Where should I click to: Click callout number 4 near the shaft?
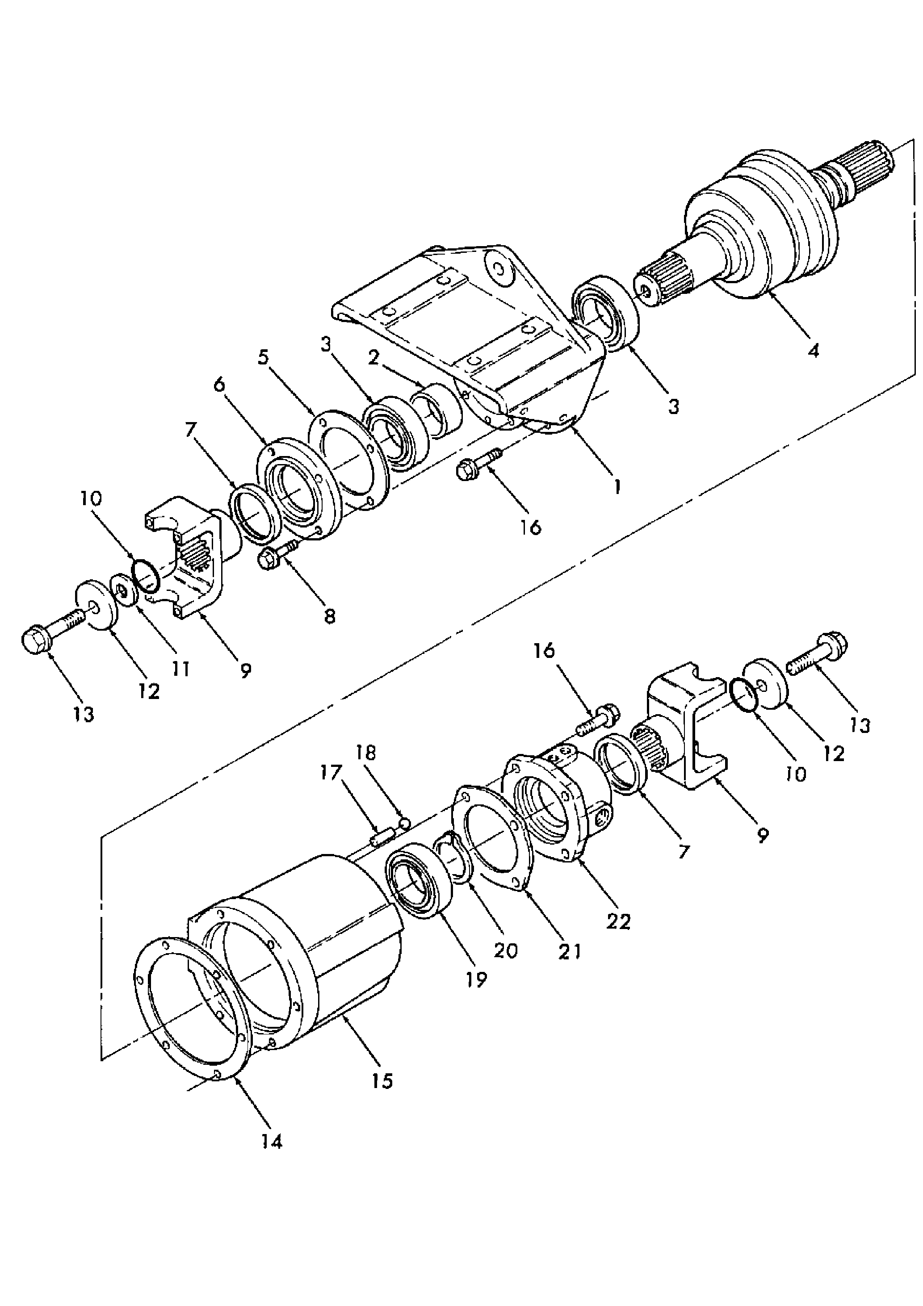pyautogui.click(x=813, y=350)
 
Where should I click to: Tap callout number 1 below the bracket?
pyautogui.click(x=616, y=486)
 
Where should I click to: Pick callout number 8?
pyautogui.click(x=329, y=616)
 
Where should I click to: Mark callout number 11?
pyautogui.click(x=180, y=668)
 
